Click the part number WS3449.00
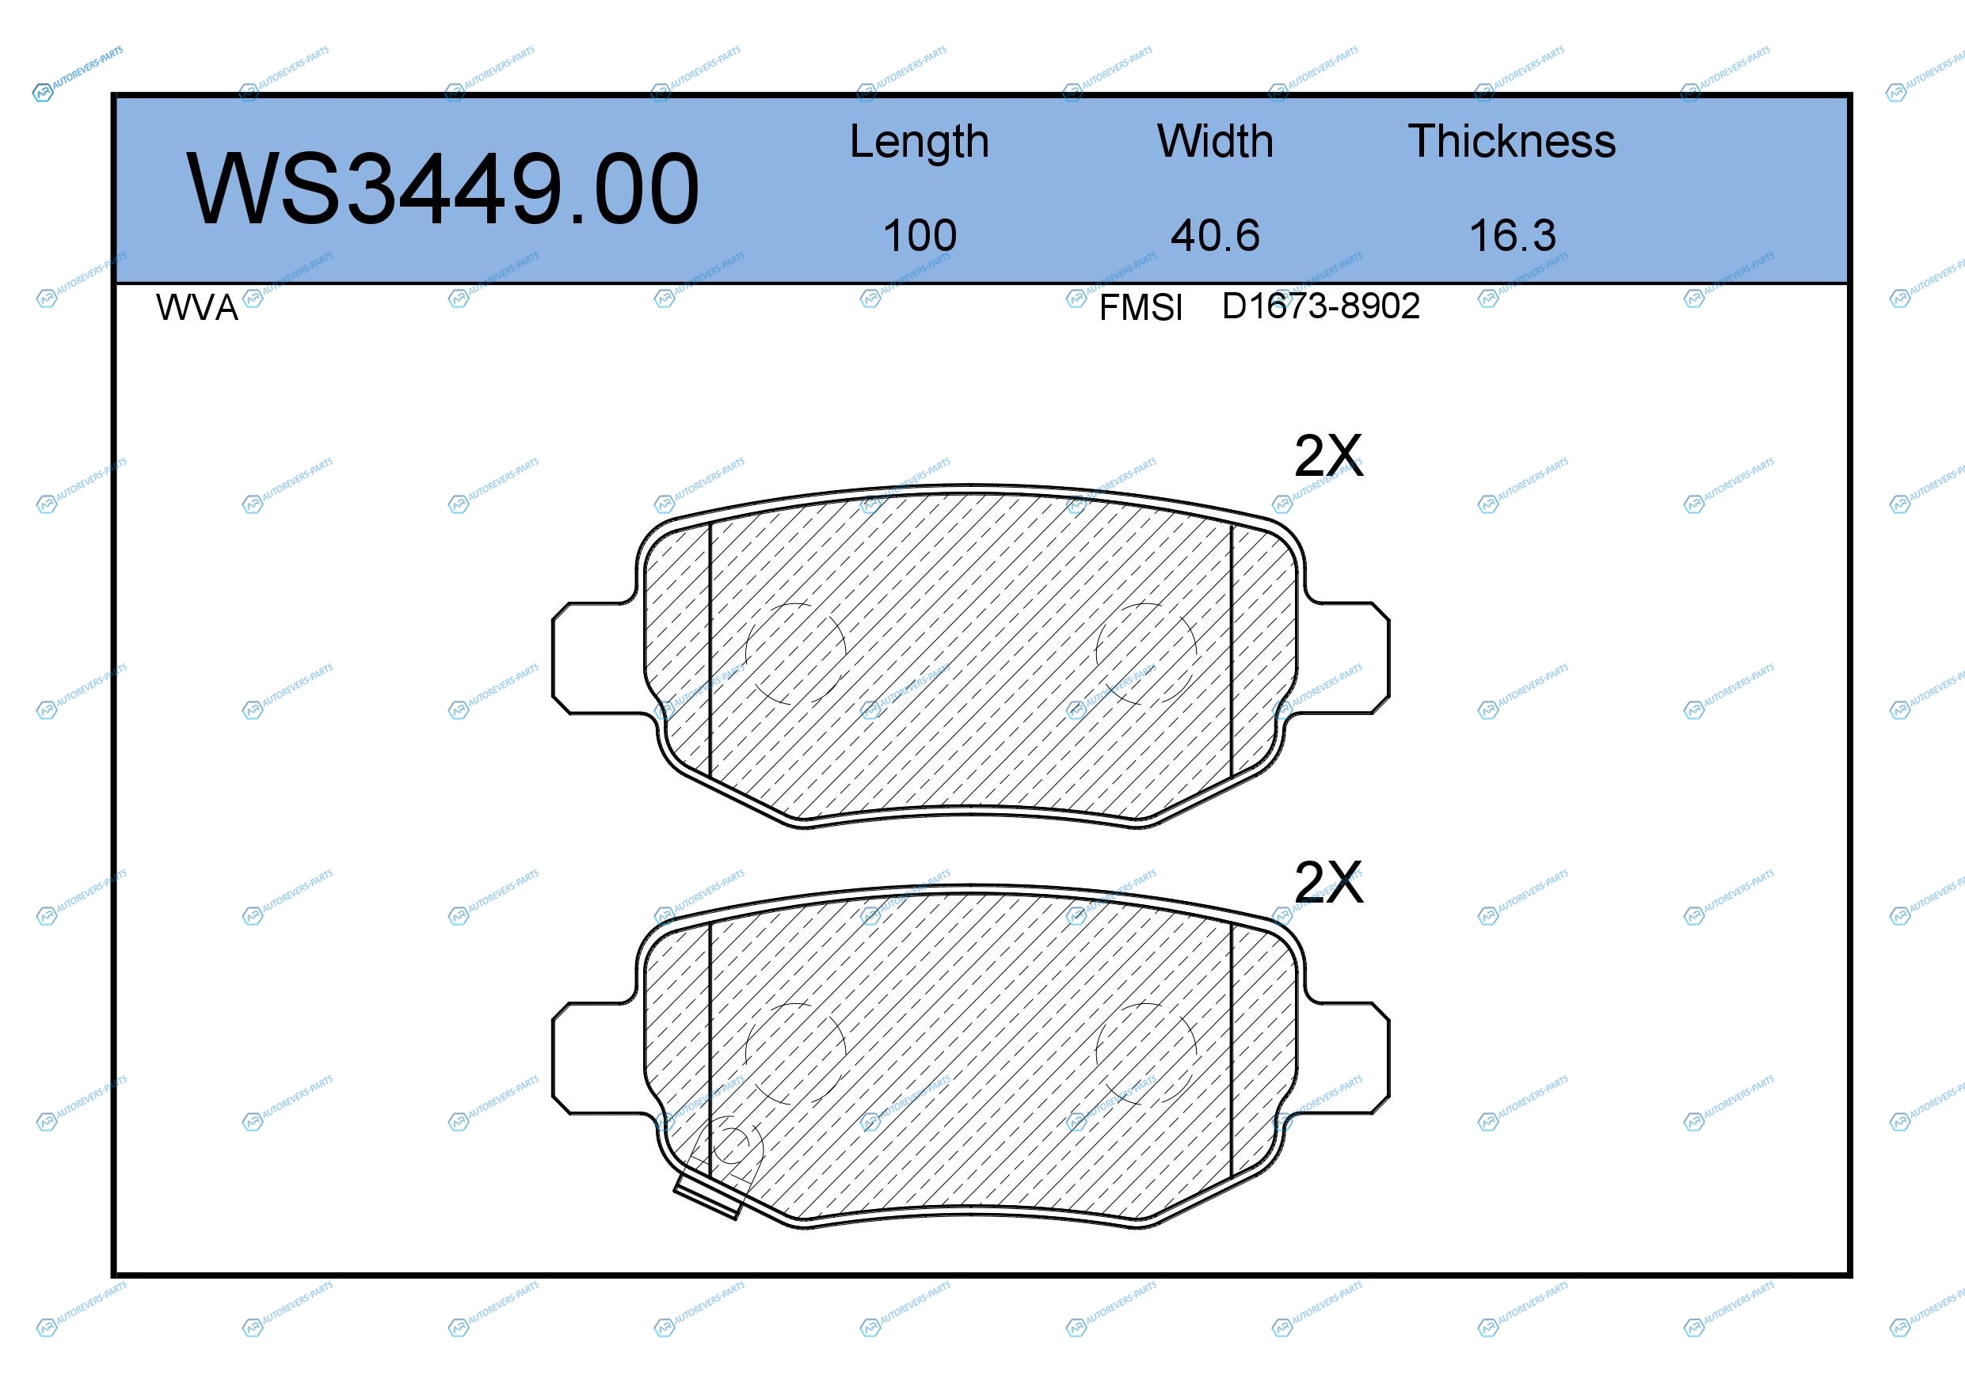[x=444, y=189]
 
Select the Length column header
[x=920, y=143]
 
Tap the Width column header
[x=1215, y=141]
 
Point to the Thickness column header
[x=1512, y=141]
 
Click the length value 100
[x=920, y=235]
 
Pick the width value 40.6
[x=1215, y=235]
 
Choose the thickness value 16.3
[x=1512, y=235]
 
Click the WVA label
[x=197, y=307]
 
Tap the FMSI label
[x=1141, y=307]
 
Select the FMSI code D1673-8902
[x=1320, y=306]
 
